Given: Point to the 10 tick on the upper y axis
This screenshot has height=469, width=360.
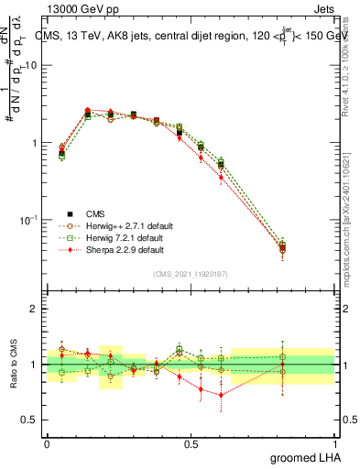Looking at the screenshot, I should click(x=32, y=66).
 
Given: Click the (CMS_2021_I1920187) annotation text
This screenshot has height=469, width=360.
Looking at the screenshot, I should click(x=191, y=274).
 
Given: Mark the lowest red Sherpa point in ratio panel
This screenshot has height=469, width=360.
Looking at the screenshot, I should click(x=221, y=396).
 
